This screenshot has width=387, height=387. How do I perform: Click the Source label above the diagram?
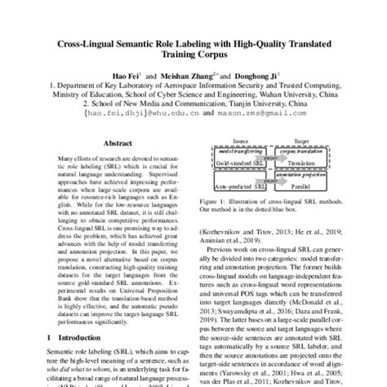[x=237, y=140]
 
